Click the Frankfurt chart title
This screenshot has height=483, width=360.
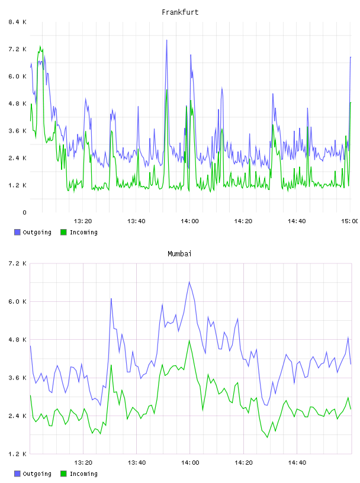[x=180, y=12]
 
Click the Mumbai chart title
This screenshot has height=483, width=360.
[x=179, y=254]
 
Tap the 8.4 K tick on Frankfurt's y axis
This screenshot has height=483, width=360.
[x=17, y=22]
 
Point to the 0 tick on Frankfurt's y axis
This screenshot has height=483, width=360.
[x=24, y=212]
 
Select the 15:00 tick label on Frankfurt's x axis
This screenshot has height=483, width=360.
[x=349, y=221]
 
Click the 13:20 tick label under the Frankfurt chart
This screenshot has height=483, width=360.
[x=83, y=221]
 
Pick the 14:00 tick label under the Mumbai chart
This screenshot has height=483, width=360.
[x=190, y=463]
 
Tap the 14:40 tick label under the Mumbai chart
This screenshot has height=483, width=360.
[x=297, y=463]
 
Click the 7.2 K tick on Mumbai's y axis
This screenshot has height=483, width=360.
[x=17, y=263]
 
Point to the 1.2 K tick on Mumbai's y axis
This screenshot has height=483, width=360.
[x=17, y=454]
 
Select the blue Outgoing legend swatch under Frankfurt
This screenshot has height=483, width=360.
[x=17, y=232]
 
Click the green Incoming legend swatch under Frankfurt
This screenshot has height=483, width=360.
[x=63, y=232]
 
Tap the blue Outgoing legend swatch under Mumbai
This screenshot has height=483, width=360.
[x=17, y=474]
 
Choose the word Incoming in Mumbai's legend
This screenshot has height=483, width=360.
[x=83, y=474]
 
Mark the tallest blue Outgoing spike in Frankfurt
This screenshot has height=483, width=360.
[x=167, y=40]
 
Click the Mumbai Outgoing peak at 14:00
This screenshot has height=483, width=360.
[x=189, y=282]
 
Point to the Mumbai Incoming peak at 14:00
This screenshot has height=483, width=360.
[x=189, y=340]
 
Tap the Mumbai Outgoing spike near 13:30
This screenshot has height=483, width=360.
[x=111, y=298]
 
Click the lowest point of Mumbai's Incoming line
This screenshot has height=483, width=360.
[x=268, y=437]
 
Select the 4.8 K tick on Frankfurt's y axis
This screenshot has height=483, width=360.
[x=17, y=104]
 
